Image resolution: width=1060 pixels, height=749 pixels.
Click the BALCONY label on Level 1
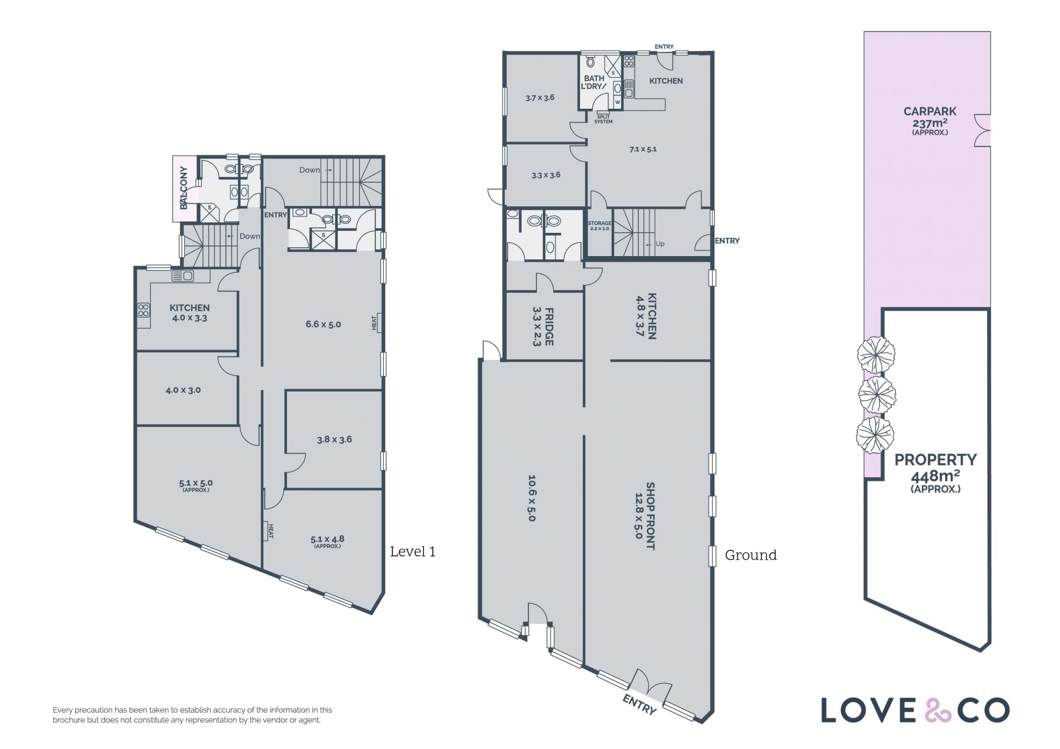[x=184, y=188]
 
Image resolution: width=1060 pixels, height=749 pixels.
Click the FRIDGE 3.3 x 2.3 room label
[x=543, y=327]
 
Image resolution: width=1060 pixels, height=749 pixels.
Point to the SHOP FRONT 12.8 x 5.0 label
[x=645, y=516]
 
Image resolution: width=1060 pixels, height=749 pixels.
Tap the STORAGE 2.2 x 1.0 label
[x=599, y=226]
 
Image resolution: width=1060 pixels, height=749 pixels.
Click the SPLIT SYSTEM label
[x=603, y=119]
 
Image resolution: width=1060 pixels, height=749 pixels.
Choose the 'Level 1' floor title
[x=412, y=551]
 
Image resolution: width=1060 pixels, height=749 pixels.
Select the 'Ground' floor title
[x=750, y=555]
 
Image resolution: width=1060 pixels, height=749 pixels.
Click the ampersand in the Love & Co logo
[x=935, y=710]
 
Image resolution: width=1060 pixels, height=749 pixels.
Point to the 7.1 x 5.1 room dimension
[x=643, y=149]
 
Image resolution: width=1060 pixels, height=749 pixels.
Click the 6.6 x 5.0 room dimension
[x=323, y=325]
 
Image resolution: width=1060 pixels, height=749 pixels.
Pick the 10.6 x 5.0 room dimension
[x=532, y=498]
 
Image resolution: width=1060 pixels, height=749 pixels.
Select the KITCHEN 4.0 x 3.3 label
[x=189, y=312]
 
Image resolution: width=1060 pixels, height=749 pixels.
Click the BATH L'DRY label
[x=594, y=82]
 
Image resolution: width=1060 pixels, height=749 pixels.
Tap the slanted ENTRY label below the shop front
[x=639, y=704]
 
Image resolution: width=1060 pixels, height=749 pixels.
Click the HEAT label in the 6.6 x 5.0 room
[x=374, y=322]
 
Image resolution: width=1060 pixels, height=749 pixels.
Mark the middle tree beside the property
[x=877, y=394]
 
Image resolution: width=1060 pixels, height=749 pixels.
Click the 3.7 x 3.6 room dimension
[x=540, y=98]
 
